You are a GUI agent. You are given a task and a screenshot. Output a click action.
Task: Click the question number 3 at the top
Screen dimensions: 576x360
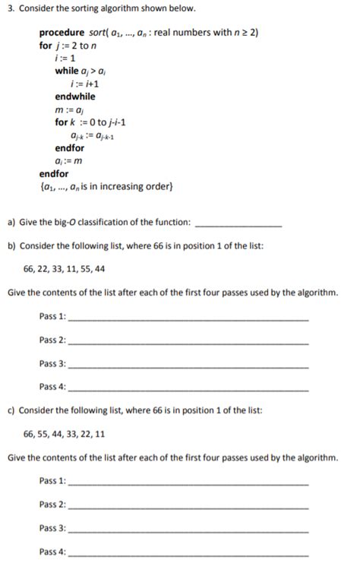coord(10,8)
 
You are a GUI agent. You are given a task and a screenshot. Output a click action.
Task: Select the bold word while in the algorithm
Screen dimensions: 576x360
coord(66,71)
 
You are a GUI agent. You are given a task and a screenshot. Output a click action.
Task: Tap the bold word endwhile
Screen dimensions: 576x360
coord(75,97)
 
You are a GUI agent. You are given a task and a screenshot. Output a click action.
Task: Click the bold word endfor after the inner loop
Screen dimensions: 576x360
coord(70,148)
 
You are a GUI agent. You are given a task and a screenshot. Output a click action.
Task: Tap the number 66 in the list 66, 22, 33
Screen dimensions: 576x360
coord(31,268)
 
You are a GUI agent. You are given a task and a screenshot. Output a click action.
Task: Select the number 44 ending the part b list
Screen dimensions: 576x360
coord(99,268)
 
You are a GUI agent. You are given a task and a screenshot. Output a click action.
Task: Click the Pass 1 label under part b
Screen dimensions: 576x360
coord(52,316)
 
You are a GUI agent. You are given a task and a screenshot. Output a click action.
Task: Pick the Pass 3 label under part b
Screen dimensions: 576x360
coord(52,363)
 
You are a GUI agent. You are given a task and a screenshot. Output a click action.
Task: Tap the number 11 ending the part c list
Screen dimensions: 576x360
coord(99,434)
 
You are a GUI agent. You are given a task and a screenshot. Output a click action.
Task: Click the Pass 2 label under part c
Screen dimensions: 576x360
coord(52,505)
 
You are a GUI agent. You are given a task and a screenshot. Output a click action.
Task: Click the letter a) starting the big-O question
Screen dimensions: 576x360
coord(11,222)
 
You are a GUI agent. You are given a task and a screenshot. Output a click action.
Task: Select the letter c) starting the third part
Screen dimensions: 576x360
coord(11,410)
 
